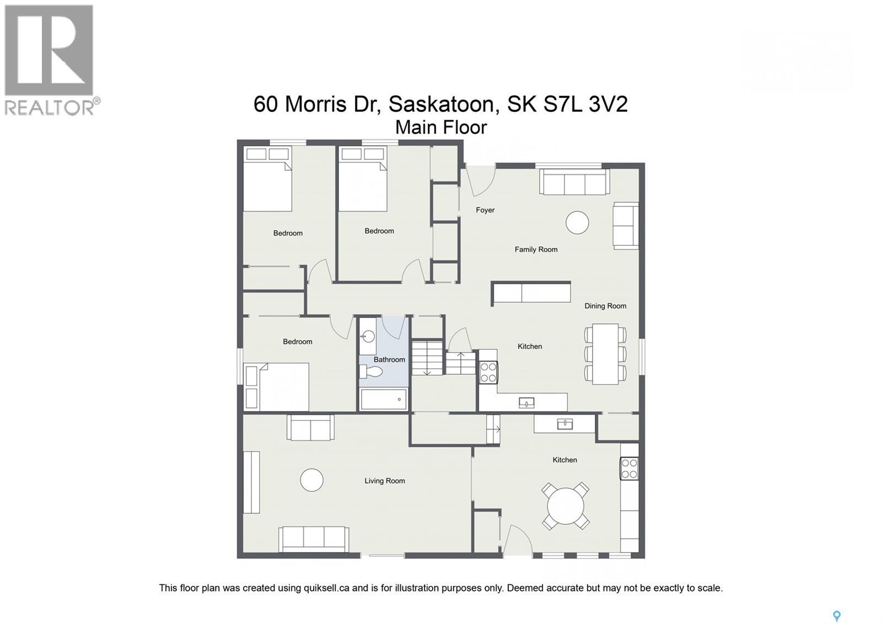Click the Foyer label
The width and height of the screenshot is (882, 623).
click(485, 210)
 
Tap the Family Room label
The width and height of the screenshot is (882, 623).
click(536, 249)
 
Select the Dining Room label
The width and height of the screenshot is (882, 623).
click(605, 306)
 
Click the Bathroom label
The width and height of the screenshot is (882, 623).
click(389, 359)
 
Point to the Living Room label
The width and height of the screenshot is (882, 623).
click(384, 481)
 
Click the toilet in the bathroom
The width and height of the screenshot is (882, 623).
click(370, 372)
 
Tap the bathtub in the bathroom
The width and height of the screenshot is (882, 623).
click(384, 399)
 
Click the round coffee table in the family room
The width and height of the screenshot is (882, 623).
click(577, 223)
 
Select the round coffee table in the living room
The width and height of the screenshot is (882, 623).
click(311, 480)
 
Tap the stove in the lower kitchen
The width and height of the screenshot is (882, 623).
click(629, 468)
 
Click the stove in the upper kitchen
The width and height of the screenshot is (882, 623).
click(488, 372)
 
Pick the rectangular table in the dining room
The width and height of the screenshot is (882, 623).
click(605, 353)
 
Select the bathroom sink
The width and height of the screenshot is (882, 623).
click(368, 336)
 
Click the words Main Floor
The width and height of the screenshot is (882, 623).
click(441, 127)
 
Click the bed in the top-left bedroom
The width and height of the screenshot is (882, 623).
click(267, 182)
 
